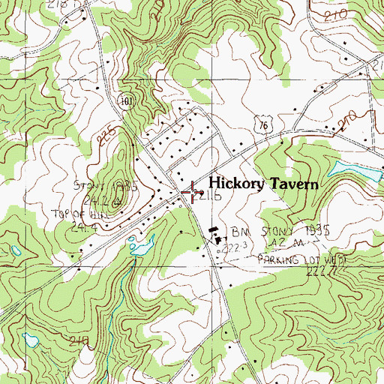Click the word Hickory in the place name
pos(233,183)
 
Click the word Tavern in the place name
pos(290,183)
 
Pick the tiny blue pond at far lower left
pos(31,340)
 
